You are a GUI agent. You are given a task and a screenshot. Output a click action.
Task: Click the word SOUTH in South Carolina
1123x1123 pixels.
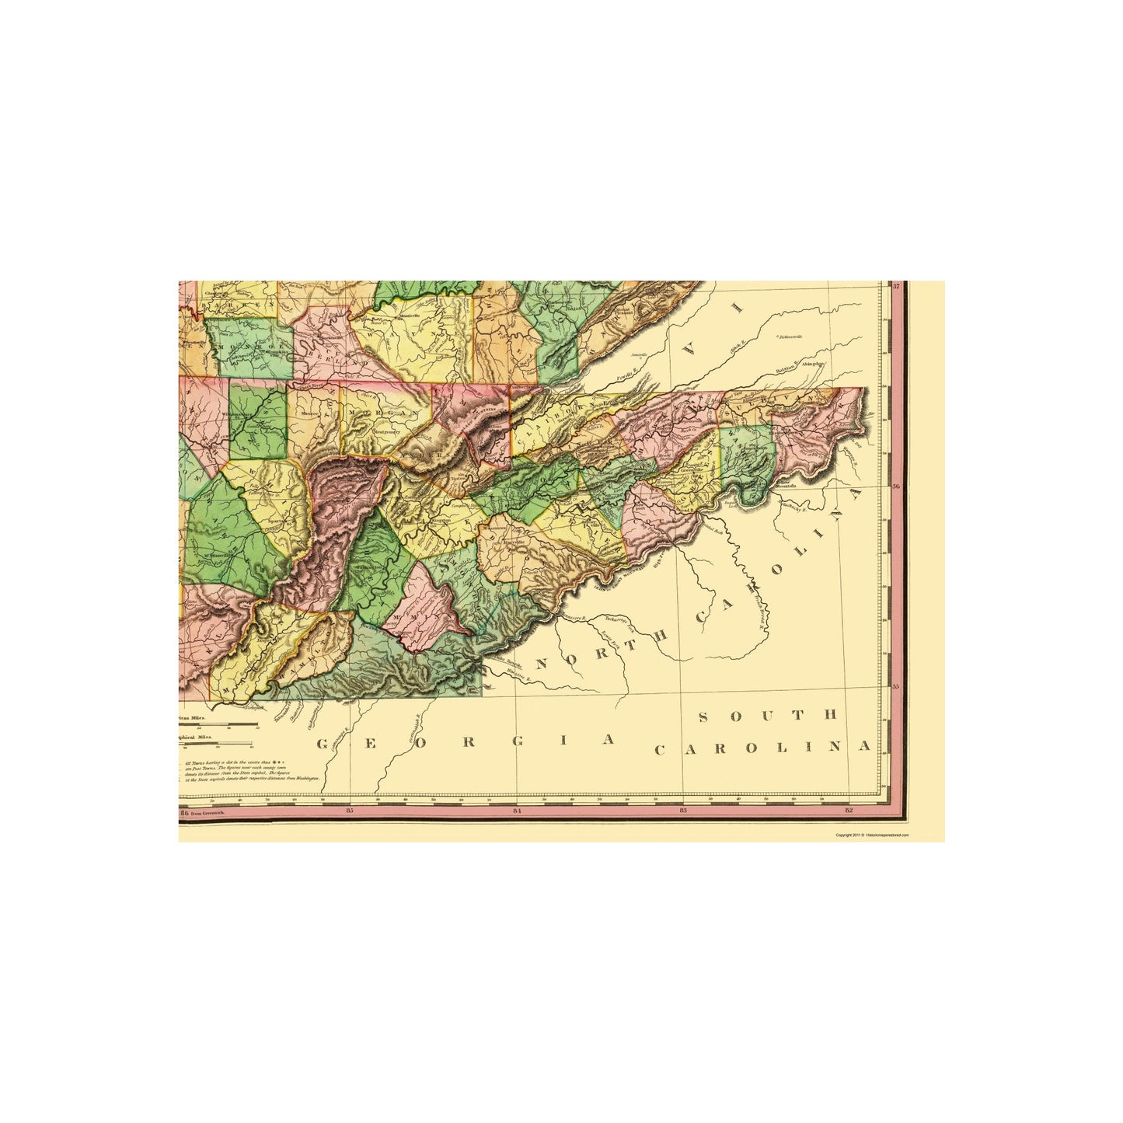pos(767,716)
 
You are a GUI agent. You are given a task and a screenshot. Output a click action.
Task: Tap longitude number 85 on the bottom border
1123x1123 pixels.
pos(351,811)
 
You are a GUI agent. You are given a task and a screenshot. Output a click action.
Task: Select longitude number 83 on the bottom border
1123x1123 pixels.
pos(683,811)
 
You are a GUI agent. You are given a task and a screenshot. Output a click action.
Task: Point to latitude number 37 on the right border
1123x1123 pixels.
pos(896,287)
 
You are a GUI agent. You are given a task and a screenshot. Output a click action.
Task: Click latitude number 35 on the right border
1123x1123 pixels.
pos(896,686)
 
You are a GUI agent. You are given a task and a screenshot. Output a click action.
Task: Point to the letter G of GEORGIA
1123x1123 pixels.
pos(319,744)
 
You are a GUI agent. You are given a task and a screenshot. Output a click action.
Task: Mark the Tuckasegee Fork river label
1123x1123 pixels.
pos(616,619)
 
